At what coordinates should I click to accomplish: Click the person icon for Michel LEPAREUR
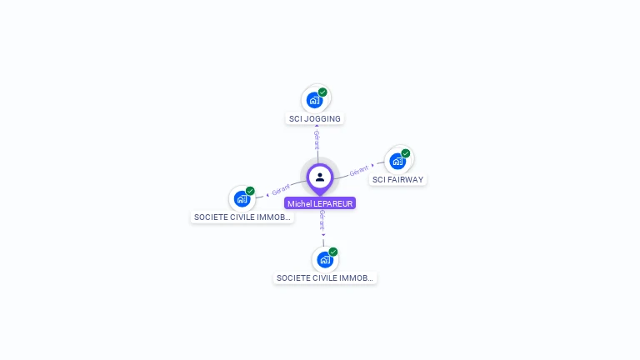[320, 177]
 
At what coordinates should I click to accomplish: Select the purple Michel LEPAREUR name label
[320, 203]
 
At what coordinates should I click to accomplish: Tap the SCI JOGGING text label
[315, 119]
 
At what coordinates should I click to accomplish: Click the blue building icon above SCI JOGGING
[314, 100]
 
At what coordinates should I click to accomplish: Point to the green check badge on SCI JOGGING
[322, 92]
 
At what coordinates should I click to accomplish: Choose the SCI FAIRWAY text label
[398, 179]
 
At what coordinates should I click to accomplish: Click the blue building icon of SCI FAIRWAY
[397, 161]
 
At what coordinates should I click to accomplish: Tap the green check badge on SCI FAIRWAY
[406, 153]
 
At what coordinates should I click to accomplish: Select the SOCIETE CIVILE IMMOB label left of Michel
[242, 217]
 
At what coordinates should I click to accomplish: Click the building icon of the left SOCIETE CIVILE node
[242, 199]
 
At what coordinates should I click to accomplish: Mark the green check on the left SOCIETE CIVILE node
[250, 191]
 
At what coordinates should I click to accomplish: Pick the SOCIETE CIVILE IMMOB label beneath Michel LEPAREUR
[325, 278]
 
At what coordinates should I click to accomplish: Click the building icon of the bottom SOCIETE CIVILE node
[325, 259]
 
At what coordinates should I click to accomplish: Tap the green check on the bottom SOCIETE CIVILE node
[333, 252]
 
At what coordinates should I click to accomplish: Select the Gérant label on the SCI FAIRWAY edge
[358, 171]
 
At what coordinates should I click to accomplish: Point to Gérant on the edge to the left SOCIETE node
[281, 190]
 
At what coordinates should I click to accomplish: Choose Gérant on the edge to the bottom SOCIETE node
[322, 220]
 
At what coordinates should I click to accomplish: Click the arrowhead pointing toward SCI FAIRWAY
[372, 166]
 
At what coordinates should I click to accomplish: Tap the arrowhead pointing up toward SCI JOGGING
[317, 127]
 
